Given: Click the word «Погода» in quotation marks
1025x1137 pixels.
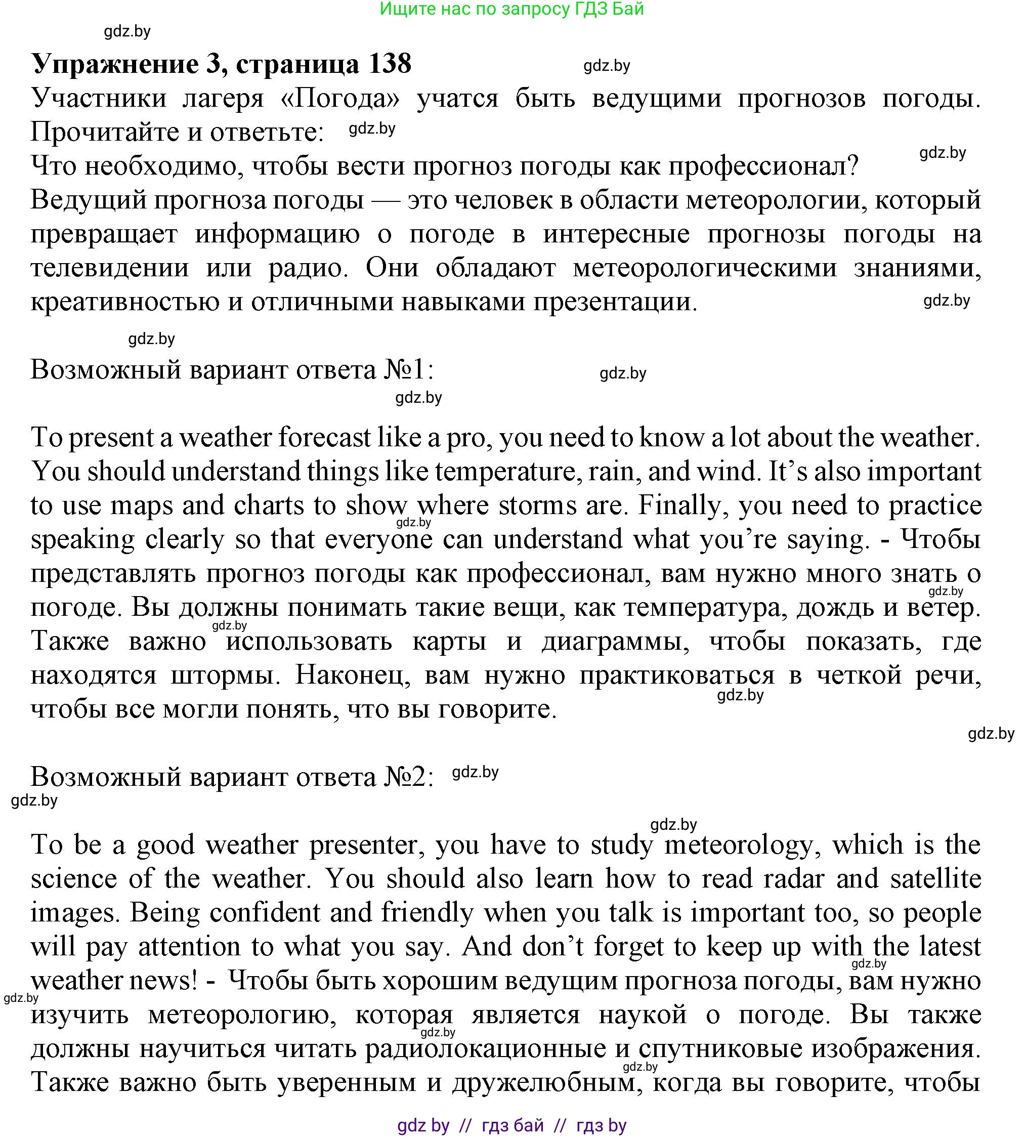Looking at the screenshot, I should point(340,99).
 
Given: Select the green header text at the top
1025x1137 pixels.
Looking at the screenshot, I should point(511,9).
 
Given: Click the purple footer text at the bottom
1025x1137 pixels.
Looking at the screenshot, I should point(511,1125).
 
